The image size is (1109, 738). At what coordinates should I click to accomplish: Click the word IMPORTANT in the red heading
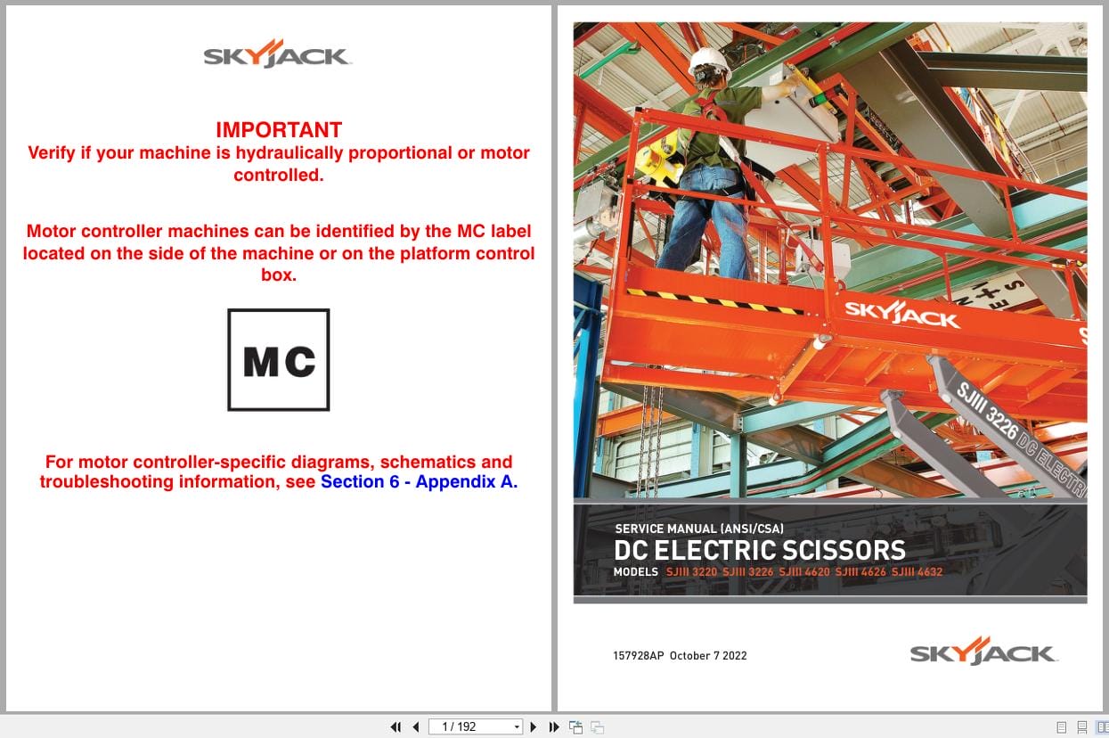[x=279, y=130]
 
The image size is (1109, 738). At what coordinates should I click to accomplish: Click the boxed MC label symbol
[x=279, y=360]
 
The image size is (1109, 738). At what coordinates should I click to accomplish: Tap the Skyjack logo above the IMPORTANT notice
[x=278, y=55]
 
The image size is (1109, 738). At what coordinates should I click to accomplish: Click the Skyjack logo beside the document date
[x=983, y=652]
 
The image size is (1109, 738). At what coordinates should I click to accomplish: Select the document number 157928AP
[x=638, y=656]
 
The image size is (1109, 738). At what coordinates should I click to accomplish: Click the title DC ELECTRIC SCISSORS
[x=759, y=550]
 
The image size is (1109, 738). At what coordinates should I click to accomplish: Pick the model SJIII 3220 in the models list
[x=691, y=572]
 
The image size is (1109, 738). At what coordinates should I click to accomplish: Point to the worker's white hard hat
[x=709, y=60]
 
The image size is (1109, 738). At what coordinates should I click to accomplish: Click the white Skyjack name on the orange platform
[x=901, y=314]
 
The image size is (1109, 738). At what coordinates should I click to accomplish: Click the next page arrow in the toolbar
[x=534, y=727]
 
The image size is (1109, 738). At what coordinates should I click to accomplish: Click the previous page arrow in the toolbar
[x=415, y=727]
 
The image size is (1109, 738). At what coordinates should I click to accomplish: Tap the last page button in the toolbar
[x=554, y=727]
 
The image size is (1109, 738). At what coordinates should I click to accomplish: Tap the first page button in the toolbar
[x=395, y=727]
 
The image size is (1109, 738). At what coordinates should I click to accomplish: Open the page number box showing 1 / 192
[x=475, y=727]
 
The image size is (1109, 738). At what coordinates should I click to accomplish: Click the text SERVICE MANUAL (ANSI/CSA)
[x=699, y=529]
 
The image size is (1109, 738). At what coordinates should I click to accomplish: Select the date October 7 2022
[x=708, y=656]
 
